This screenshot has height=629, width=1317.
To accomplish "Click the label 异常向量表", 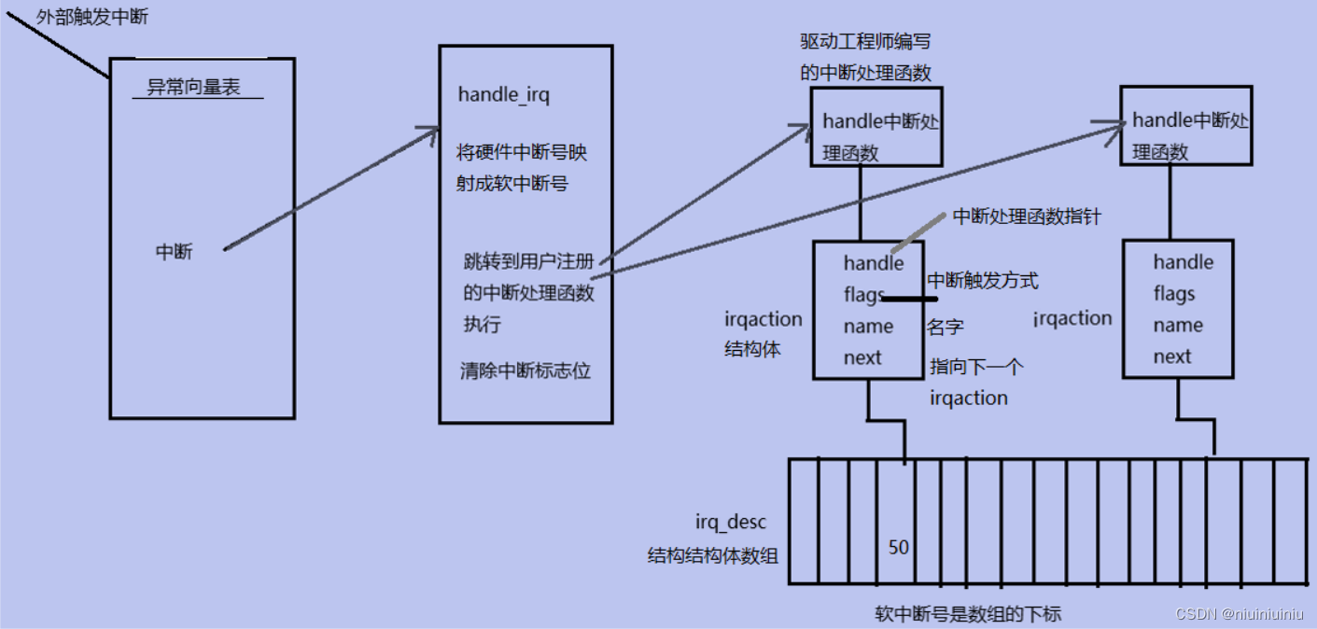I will coord(193,88).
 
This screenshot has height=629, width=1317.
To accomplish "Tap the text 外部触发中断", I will coord(91,16).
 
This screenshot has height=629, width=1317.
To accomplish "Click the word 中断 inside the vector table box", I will coord(174,252).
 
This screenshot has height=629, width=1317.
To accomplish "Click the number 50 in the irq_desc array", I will coord(898,548).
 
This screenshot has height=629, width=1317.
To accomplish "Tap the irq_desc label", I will coord(731,523).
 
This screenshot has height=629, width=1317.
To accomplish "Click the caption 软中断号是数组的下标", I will coord(968,613).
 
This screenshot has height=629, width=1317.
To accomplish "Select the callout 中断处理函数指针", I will coord(1027,217).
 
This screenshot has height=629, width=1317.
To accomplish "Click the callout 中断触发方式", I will coord(982,280).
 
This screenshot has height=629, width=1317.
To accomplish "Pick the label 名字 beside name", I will coord(945,327).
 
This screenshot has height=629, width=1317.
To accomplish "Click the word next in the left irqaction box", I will coord(862,357).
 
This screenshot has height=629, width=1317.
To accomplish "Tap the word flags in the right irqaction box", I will coord(1173,294).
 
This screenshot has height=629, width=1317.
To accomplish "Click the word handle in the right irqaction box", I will coord(1183,262).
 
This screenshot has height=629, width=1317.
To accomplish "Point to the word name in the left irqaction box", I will coord(868,326).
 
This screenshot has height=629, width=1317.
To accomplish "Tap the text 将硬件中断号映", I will coord(522,153).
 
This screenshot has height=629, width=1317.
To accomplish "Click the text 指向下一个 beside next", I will coord(976,367).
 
